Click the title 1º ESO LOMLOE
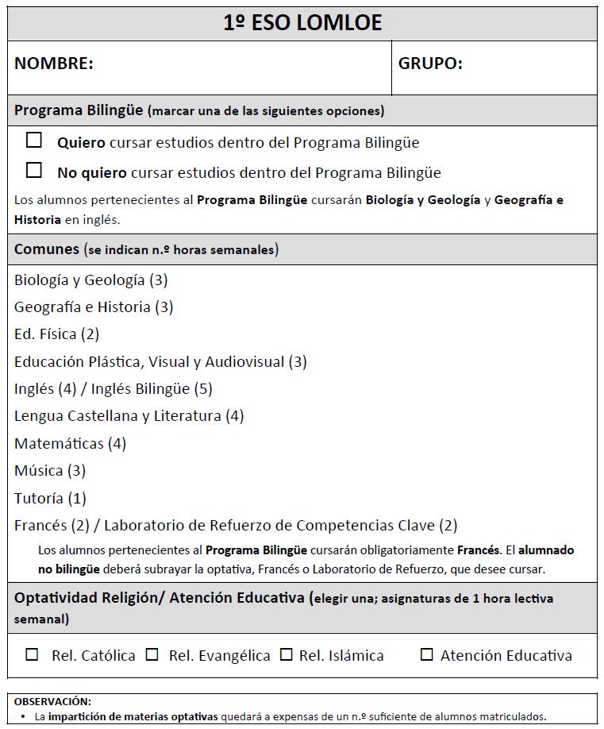[302, 23]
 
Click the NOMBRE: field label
[54, 64]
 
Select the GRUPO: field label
[430, 64]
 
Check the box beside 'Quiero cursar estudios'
[34, 141]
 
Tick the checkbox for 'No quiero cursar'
[34, 170]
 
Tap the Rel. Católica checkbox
[33, 655]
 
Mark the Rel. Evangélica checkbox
[152, 655]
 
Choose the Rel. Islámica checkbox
[287, 655]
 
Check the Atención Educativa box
[427, 655]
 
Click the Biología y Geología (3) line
[90, 280]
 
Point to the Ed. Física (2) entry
[56, 334]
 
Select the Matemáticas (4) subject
[70, 443]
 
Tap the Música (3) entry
[49, 471]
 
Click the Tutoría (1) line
[50, 499]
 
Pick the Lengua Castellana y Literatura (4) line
[129, 416]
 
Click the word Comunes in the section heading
[47, 249]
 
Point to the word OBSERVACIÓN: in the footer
[52, 701]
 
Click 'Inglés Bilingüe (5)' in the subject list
[152, 389]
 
